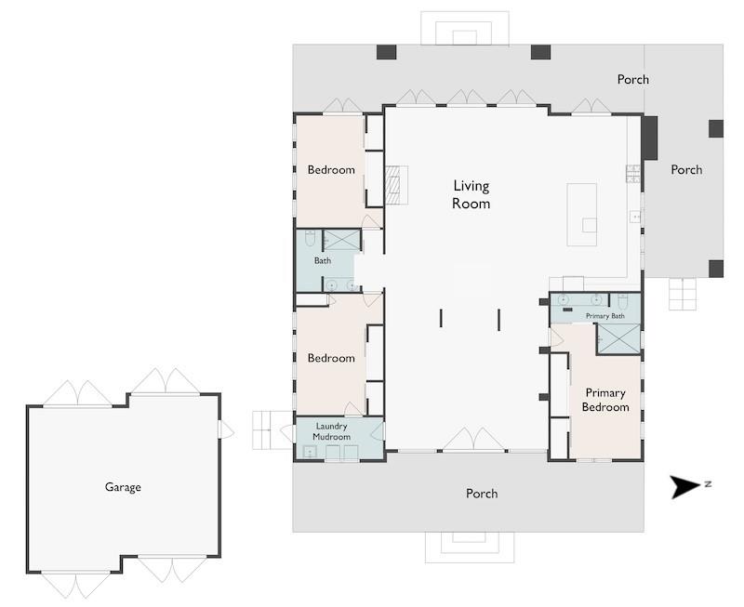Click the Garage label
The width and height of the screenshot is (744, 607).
click(123, 487)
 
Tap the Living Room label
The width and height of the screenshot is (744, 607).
click(471, 194)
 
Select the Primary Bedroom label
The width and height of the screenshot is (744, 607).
click(605, 400)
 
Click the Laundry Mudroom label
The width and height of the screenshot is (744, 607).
click(332, 431)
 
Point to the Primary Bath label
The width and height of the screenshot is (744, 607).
click(605, 316)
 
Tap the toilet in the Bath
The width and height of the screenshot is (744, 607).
click(310, 238)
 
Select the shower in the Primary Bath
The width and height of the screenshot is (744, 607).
click(618, 338)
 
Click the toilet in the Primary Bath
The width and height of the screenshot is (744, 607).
click(623, 300)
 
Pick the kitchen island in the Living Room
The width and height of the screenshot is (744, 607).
click(582, 215)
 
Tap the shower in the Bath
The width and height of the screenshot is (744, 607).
click(341, 240)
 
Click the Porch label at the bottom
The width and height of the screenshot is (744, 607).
click(482, 494)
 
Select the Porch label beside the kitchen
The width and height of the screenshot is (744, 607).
click(686, 170)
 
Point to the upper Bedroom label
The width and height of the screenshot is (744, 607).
click(331, 170)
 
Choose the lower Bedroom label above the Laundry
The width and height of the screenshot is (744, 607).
click(331, 358)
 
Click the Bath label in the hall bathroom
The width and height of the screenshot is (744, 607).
click(323, 261)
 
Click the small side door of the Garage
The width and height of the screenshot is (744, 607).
click(225, 429)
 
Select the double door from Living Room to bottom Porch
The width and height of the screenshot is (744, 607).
click(473, 439)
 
